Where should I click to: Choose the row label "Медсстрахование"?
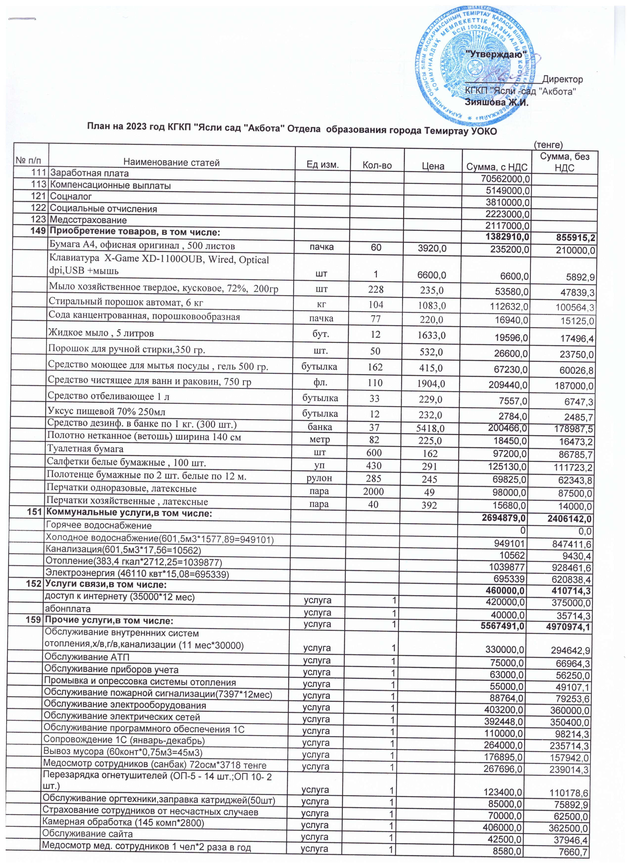point(88,220)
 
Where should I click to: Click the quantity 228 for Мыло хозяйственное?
point(376,289)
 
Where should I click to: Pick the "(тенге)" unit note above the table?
point(548,145)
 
